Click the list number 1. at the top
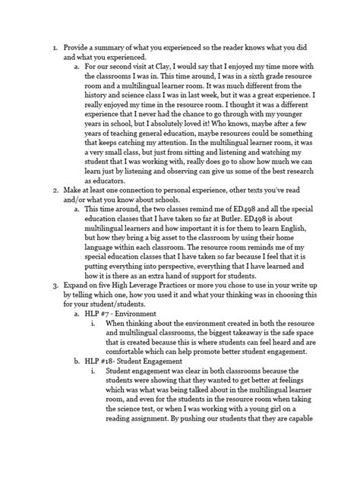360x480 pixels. point(54,47)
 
